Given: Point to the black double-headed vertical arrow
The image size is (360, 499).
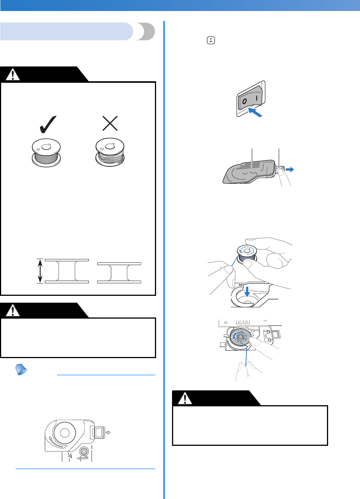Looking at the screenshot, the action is [x=40, y=271].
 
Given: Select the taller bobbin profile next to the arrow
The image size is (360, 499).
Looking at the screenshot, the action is [x=67, y=271].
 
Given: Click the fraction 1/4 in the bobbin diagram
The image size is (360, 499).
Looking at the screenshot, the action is [x=69, y=455].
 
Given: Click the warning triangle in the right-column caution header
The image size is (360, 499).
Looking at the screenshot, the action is [x=186, y=398].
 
